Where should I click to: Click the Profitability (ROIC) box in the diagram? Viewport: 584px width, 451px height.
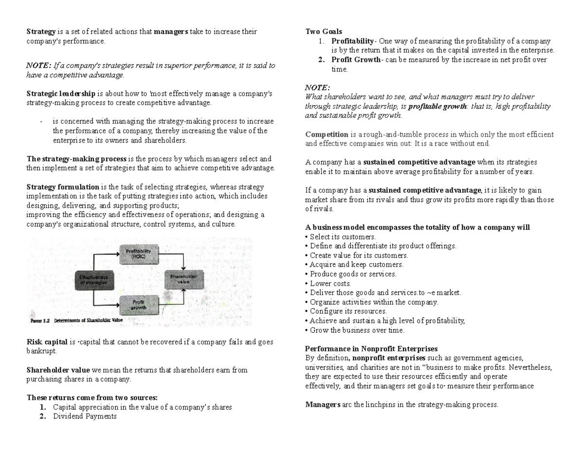[139, 254]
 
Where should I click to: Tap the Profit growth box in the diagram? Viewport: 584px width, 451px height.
[139, 305]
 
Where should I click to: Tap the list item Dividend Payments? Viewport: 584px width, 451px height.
[85, 416]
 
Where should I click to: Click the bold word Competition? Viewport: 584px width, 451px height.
[327, 134]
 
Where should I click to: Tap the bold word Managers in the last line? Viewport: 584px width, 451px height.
[322, 404]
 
